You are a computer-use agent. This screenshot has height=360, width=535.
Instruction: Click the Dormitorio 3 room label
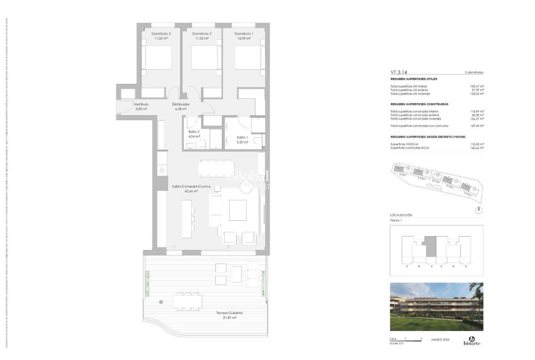(x=160, y=33)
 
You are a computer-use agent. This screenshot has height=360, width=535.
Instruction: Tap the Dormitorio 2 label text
(x=201, y=33)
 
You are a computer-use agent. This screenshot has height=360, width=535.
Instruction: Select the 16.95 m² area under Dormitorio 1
(x=244, y=38)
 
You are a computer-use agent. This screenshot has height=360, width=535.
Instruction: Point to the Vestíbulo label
(x=140, y=104)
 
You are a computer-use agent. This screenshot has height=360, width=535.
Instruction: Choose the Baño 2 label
(x=194, y=131)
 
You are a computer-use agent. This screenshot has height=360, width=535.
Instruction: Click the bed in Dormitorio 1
(x=247, y=58)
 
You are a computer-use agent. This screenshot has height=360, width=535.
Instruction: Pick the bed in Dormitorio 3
(x=157, y=58)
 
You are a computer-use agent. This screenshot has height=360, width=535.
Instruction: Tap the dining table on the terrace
(x=187, y=301)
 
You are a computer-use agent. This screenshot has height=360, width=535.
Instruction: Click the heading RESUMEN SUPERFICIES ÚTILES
(x=414, y=79)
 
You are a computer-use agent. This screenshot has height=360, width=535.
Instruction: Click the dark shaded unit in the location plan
(x=431, y=246)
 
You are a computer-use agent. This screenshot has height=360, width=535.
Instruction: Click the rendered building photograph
(x=436, y=307)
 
